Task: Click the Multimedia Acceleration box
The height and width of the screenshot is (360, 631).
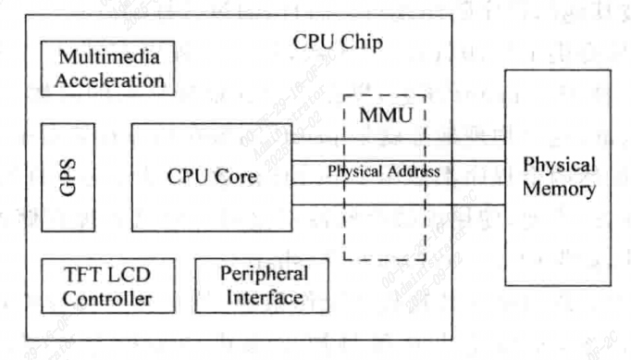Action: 109,68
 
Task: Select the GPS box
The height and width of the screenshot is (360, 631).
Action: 68,176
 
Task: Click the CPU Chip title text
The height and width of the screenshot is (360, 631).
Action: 338,43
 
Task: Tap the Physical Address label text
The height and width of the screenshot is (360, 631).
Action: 383,171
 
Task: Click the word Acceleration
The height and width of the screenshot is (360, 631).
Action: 109,80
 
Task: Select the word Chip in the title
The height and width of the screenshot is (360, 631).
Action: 363,43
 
